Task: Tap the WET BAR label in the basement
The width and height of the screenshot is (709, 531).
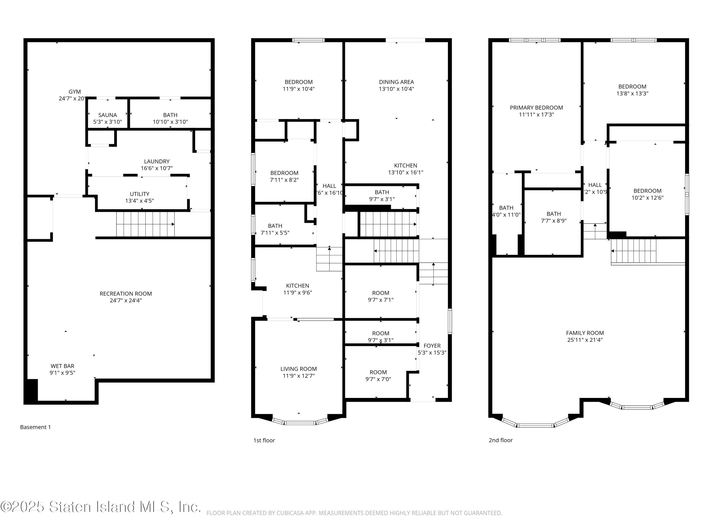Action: [62, 366]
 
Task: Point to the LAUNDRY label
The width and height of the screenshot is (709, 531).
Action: [156, 161]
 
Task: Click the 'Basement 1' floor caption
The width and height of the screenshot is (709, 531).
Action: [35, 427]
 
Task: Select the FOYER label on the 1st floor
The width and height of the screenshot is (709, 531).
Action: [432, 346]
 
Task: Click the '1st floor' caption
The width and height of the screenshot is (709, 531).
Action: [264, 440]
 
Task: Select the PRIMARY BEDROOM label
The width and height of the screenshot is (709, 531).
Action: [536, 108]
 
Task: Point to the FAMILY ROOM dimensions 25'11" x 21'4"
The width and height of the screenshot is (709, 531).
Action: [585, 340]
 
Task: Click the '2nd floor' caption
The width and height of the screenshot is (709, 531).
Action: [500, 440]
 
